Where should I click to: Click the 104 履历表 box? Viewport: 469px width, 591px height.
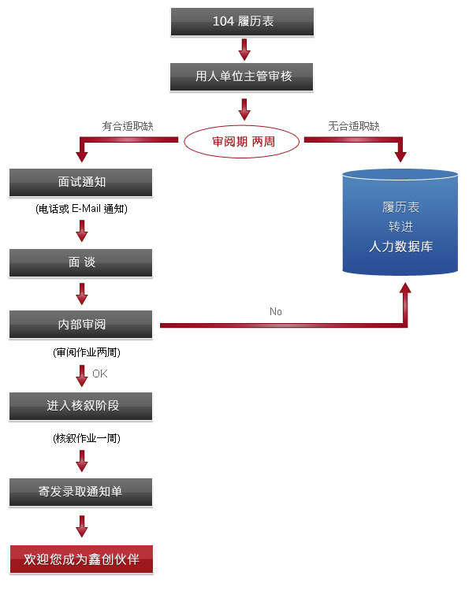[x=242, y=22]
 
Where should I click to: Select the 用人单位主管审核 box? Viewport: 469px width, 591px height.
[x=242, y=77]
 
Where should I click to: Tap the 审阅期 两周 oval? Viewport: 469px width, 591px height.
[x=242, y=142]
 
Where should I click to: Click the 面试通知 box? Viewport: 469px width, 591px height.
[x=80, y=183]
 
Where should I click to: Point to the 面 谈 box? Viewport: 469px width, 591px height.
[x=80, y=262]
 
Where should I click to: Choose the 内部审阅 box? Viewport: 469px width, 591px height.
[x=80, y=325]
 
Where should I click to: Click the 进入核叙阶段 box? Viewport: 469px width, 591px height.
[x=80, y=407]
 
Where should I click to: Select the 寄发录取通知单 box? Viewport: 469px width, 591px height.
[x=80, y=492]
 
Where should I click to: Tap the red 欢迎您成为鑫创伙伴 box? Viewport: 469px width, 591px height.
[x=81, y=559]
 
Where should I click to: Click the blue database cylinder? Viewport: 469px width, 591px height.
[x=400, y=222]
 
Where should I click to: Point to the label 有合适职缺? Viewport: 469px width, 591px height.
[x=128, y=126]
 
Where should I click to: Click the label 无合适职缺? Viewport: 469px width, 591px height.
[x=354, y=126]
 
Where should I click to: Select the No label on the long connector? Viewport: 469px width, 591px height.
[x=276, y=312]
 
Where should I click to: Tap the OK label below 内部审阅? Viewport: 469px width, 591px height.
[x=100, y=374]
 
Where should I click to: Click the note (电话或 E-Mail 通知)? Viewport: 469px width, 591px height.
[x=81, y=209]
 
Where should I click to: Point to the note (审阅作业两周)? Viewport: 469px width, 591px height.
[x=87, y=352]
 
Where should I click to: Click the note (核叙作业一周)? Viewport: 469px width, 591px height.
[x=87, y=438]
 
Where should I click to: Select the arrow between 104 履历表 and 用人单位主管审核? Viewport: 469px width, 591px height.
[x=244, y=50]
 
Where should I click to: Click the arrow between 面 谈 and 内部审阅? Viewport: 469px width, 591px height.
[x=82, y=294]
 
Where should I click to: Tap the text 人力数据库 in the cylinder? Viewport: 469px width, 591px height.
[x=400, y=247]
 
